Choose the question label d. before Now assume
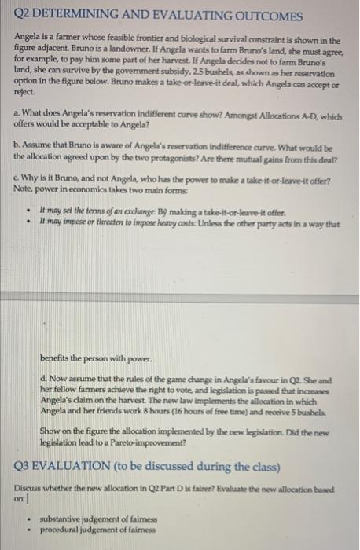coord(43,377)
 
